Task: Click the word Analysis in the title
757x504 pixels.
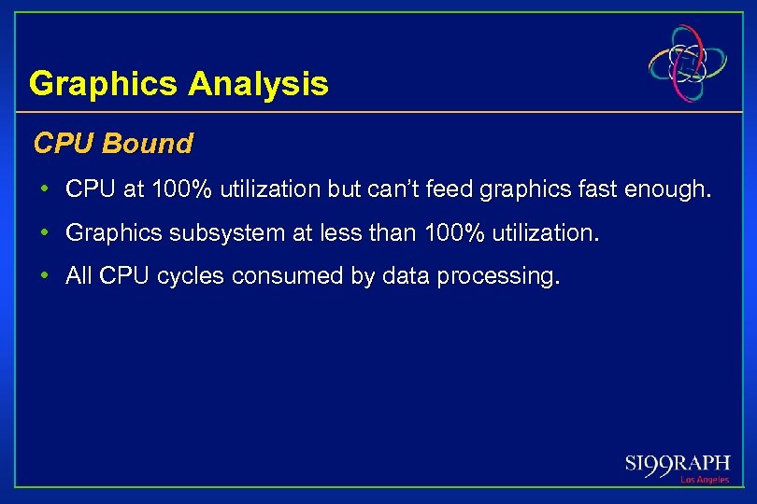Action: pyautogui.click(x=259, y=85)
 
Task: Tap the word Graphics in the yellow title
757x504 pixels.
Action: pyautogui.click(x=104, y=85)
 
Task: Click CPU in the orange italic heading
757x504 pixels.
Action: pyautogui.click(x=66, y=144)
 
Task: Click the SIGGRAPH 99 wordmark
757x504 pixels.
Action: pyautogui.click(x=678, y=464)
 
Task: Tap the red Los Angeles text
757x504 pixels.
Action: pyautogui.click(x=705, y=480)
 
